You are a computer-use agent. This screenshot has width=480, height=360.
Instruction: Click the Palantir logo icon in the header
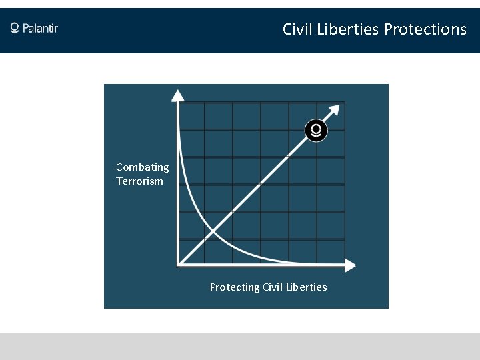15,28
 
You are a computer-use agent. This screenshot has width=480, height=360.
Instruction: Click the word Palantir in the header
41,28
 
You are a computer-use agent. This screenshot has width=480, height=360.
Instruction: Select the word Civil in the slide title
297,29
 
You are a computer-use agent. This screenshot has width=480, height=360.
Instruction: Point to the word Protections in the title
425,29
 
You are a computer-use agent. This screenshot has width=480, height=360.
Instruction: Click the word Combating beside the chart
142,167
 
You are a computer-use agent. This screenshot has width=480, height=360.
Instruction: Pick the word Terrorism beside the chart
139,181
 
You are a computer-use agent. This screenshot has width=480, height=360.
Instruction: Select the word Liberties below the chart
306,287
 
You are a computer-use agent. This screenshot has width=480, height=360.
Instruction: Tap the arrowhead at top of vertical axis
178,95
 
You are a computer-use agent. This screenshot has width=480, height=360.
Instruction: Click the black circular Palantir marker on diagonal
316,130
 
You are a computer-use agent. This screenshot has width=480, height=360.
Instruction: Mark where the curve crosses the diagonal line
213,232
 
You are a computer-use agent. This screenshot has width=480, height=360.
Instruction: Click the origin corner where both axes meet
178,265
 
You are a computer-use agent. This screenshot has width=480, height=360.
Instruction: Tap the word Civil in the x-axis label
273,287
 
